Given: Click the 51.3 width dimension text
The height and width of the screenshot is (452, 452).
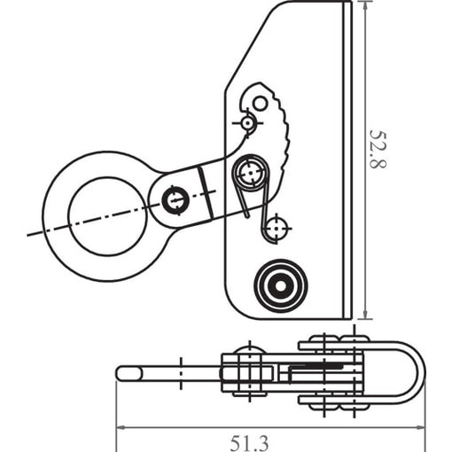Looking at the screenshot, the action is click(x=250, y=443).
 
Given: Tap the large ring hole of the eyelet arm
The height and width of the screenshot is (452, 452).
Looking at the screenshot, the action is click(x=107, y=216).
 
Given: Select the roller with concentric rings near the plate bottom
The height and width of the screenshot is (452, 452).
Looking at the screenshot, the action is click(x=281, y=285).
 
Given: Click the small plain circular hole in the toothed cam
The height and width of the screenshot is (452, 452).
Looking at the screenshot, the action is click(x=260, y=104).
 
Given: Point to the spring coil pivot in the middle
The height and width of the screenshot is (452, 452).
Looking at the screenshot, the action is click(x=251, y=173).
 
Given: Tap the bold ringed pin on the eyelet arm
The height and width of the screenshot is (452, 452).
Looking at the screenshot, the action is click(x=175, y=201).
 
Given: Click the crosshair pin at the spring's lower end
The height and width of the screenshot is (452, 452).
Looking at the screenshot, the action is click(x=277, y=229).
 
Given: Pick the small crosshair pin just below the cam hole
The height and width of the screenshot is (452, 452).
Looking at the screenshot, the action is click(x=247, y=122).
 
